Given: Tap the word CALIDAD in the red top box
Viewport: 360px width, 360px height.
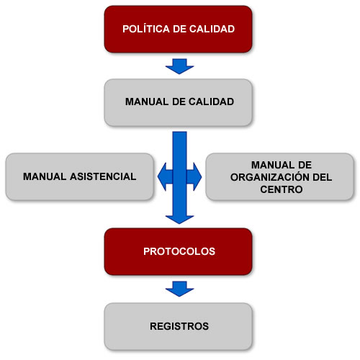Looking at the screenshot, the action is point(212,29).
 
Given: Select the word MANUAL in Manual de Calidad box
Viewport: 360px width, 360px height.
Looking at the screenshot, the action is point(147,102).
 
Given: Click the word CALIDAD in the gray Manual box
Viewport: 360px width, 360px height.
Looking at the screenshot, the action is point(211,102).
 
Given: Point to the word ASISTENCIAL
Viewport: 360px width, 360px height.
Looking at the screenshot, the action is point(103,176).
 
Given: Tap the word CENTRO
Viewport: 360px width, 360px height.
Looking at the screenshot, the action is point(282,189).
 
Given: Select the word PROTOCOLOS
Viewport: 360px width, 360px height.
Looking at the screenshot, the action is point(179,251).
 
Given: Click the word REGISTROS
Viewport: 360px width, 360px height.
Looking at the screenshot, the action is point(179,326).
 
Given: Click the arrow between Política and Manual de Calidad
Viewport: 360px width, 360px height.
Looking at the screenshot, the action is point(179,66).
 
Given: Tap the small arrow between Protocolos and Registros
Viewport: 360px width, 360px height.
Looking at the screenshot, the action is point(179,289).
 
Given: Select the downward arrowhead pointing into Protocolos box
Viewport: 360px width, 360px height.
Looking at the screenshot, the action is point(179,220).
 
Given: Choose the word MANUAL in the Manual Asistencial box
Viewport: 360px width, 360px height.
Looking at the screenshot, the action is point(45,176).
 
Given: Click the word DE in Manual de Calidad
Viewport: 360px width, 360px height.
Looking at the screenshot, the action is point(179,102).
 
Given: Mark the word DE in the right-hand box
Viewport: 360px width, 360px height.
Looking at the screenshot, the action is point(305,165).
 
